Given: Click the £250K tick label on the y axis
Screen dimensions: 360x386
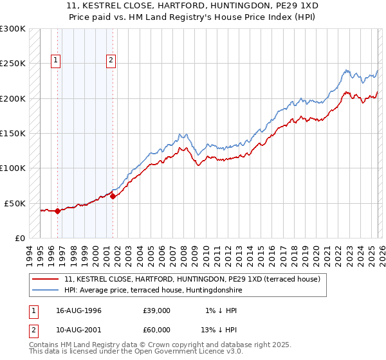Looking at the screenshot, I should pyautogui.click(x=13, y=64).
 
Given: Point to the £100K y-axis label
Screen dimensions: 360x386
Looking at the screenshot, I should pyautogui.click(x=13, y=168).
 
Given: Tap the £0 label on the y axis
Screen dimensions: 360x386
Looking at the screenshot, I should pyautogui.click(x=19, y=238).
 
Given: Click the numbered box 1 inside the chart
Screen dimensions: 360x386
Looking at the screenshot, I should pyautogui.click(x=57, y=61).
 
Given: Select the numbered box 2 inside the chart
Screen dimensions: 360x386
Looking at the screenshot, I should pyautogui.click(x=111, y=61).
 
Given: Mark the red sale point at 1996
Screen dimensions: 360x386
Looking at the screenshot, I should pyautogui.click(x=58, y=210).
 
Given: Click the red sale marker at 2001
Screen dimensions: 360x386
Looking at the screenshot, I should pyautogui.click(x=113, y=196).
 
